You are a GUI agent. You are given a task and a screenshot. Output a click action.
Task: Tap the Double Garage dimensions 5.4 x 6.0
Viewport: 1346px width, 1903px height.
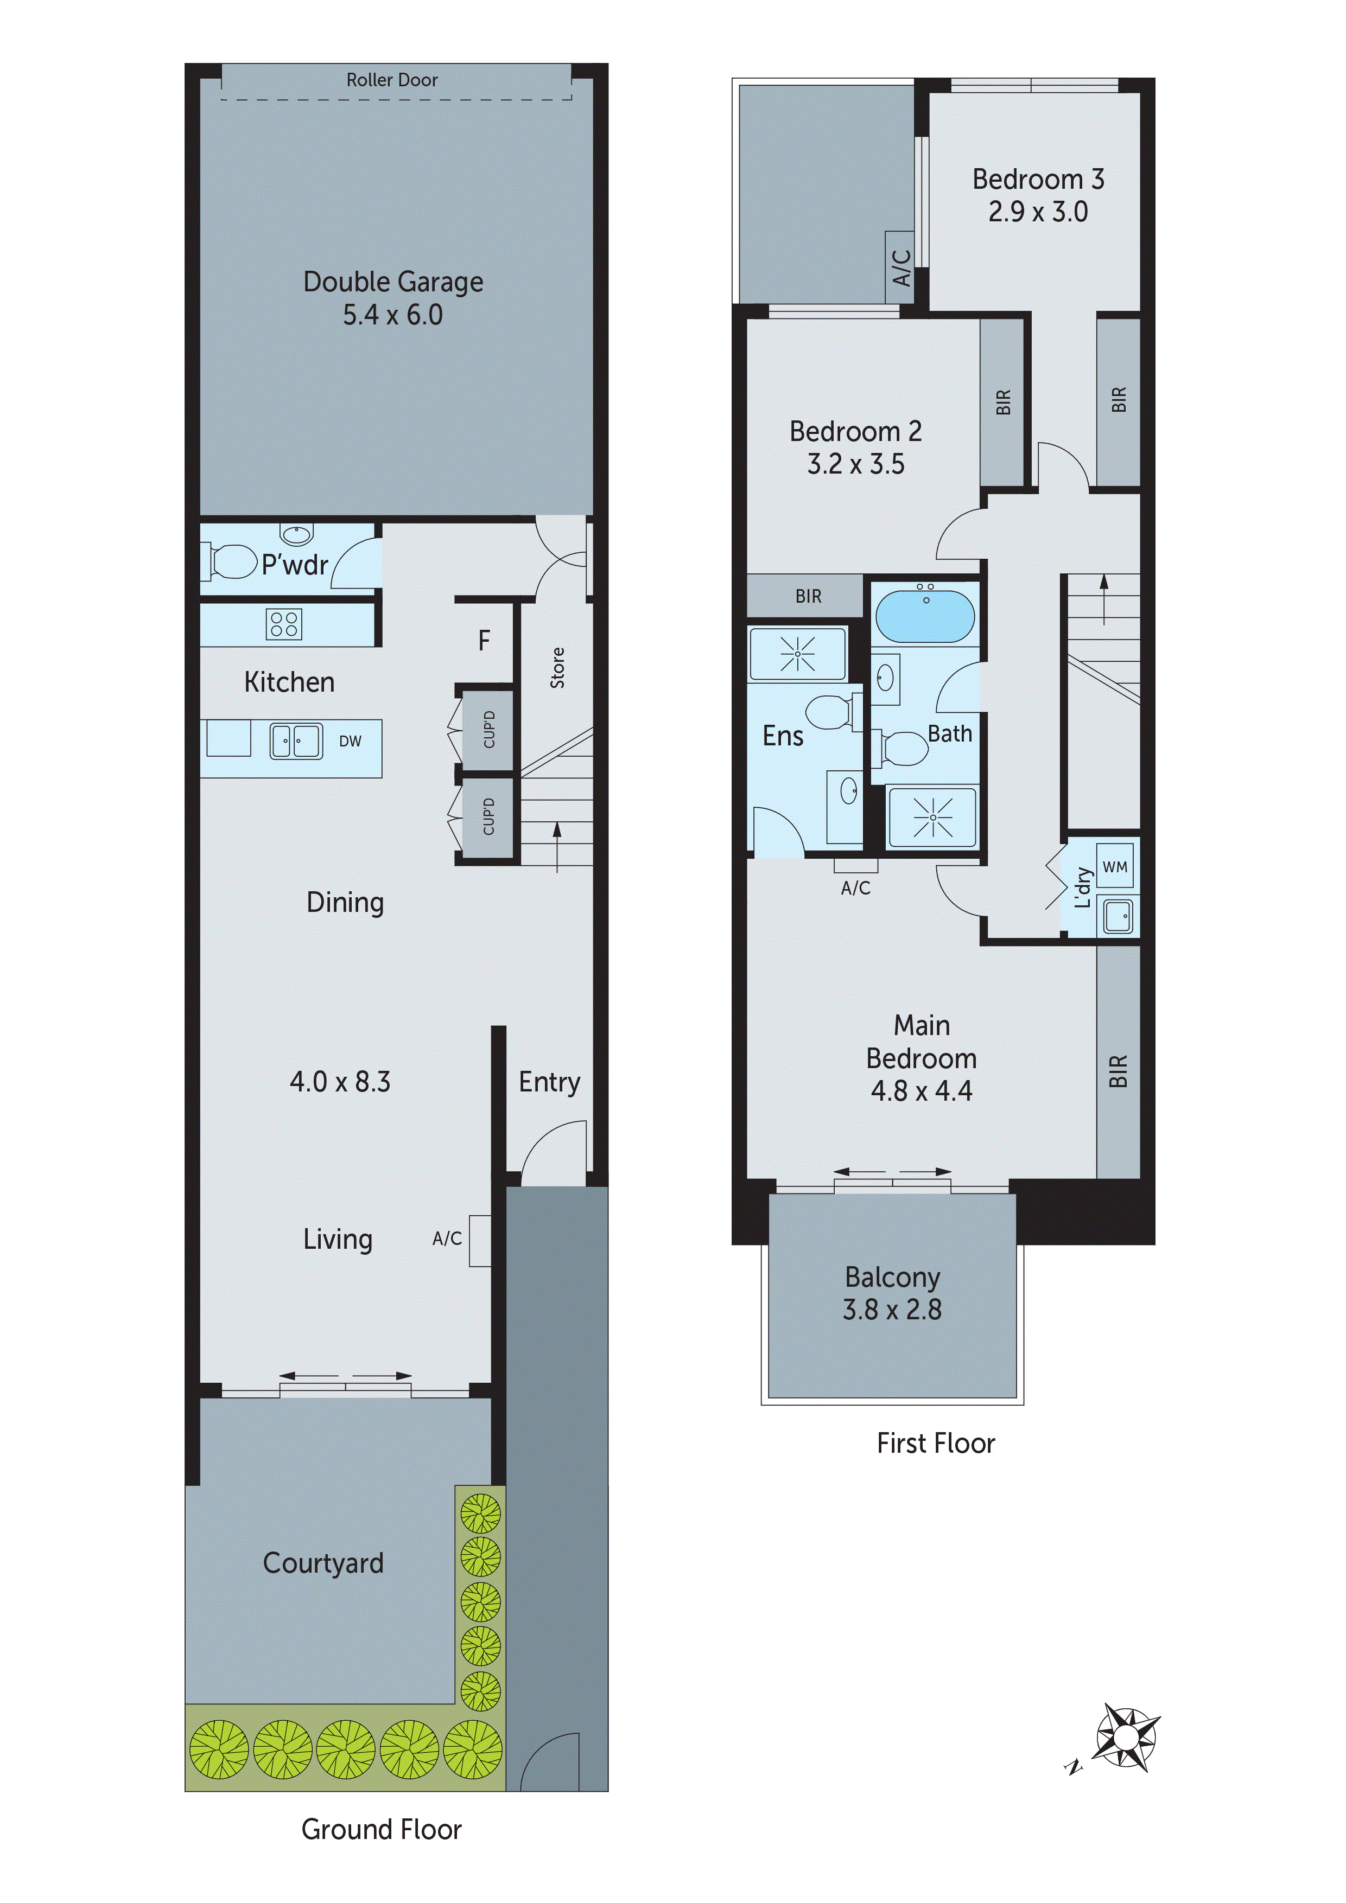click(392, 315)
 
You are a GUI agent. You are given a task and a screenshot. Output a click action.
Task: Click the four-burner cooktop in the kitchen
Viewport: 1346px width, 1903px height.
click(284, 623)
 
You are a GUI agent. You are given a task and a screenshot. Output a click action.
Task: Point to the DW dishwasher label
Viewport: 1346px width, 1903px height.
click(350, 741)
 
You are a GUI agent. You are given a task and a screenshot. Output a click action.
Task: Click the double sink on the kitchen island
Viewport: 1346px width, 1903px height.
click(296, 741)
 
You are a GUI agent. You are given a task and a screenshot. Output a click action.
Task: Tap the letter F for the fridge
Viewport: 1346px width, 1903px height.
click(484, 640)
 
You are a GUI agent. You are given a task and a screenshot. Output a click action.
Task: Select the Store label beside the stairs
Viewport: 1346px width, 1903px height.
click(557, 668)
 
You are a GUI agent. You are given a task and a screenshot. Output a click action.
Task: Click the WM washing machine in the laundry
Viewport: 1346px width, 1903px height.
click(1115, 867)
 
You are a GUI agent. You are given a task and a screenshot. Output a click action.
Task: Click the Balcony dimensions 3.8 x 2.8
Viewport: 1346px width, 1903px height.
click(892, 1310)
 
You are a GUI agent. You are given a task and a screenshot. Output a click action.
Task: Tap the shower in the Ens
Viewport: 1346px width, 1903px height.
click(797, 654)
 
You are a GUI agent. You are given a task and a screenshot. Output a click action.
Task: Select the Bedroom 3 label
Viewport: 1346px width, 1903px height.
click(1038, 179)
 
